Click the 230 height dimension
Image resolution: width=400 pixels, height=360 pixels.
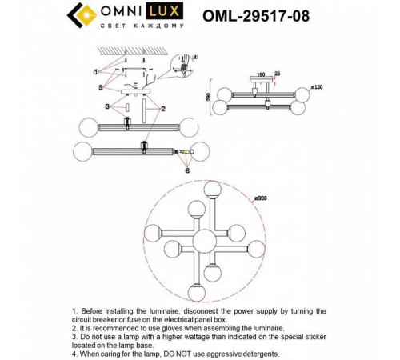point(210,98)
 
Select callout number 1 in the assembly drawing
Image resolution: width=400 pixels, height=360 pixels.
point(97,71)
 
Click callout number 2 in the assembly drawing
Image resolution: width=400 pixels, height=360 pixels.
point(162,108)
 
